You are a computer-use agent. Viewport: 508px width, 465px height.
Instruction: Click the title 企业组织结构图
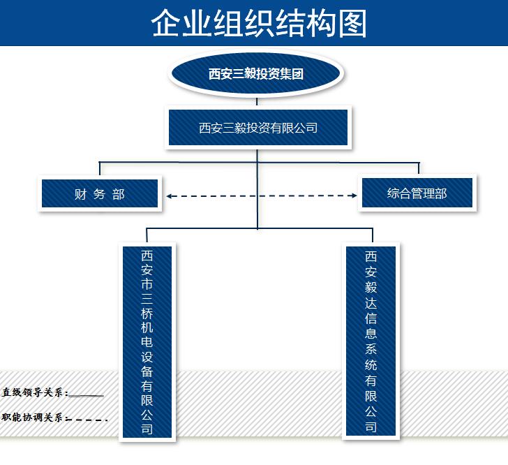(x=259, y=22)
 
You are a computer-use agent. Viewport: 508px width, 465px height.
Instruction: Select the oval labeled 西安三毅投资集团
(x=256, y=74)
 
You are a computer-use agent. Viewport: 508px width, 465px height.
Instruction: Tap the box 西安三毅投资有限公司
(x=258, y=128)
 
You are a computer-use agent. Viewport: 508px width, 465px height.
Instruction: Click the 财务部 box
(x=100, y=194)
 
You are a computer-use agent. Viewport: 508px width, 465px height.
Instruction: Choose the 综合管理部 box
(x=417, y=193)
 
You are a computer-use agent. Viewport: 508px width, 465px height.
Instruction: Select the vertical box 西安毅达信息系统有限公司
(x=371, y=341)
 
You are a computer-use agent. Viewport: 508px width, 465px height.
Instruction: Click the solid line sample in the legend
(x=87, y=396)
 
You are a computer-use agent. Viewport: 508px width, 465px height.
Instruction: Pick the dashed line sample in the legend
(x=87, y=420)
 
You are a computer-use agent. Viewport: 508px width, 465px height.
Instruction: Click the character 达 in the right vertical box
(x=371, y=302)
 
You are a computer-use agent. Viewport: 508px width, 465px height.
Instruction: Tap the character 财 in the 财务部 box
(x=80, y=194)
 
